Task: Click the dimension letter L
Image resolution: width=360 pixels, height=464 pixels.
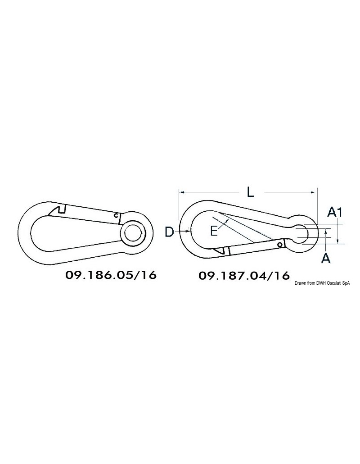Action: (250, 193)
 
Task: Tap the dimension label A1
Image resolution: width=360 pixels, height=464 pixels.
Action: (335, 212)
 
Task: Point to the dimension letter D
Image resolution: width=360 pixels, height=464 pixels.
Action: (169, 232)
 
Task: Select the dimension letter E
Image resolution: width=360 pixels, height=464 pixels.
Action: (214, 231)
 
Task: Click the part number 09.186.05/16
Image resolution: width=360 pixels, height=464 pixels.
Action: (111, 275)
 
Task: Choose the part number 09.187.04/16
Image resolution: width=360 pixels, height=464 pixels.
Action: (244, 276)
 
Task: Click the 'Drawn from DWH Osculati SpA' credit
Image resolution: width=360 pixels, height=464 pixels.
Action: (322, 283)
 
